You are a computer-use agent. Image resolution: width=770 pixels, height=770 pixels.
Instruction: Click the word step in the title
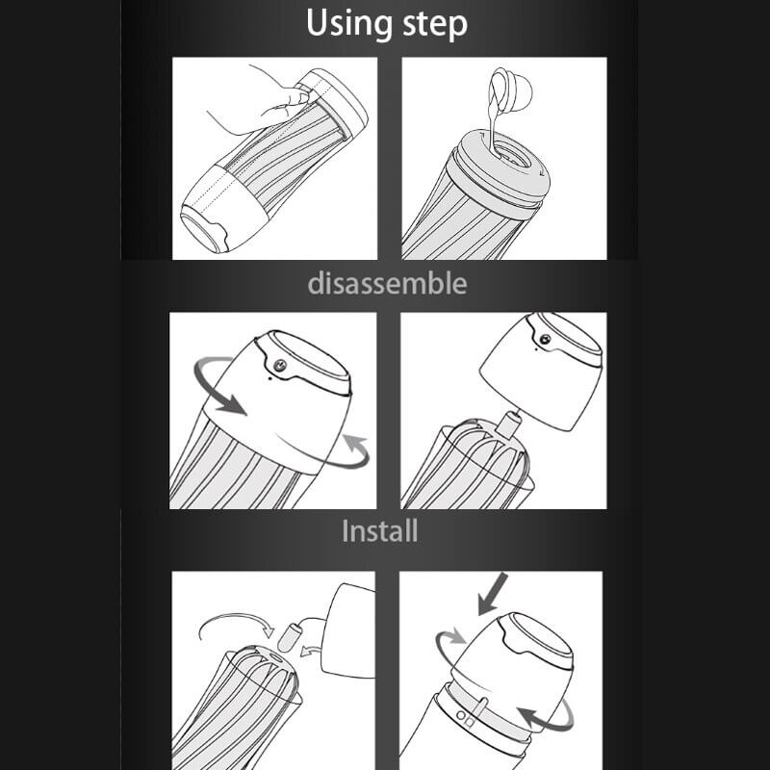pyautogui.click(x=435, y=25)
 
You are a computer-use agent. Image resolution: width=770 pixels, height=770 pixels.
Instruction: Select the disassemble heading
pyautogui.click(x=387, y=283)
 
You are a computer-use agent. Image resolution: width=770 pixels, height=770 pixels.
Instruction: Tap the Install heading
pyautogui.click(x=379, y=531)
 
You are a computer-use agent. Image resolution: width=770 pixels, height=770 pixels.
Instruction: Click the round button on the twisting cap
pyautogui.click(x=280, y=365)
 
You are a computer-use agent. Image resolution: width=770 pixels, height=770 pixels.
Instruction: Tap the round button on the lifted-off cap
pyautogui.click(x=545, y=339)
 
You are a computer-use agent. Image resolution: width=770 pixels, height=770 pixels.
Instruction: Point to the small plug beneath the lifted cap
pyautogui.click(x=508, y=423)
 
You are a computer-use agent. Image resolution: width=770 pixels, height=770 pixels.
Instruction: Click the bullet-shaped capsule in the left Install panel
pyautogui.click(x=287, y=637)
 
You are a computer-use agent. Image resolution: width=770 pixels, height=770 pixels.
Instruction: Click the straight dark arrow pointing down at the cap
pyautogui.click(x=493, y=593)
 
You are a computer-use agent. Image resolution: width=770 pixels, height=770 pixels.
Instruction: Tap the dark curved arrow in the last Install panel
pyautogui.click(x=546, y=718)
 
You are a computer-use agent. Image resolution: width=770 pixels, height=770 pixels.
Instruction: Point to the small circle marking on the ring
pyautogui.click(x=460, y=714)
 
